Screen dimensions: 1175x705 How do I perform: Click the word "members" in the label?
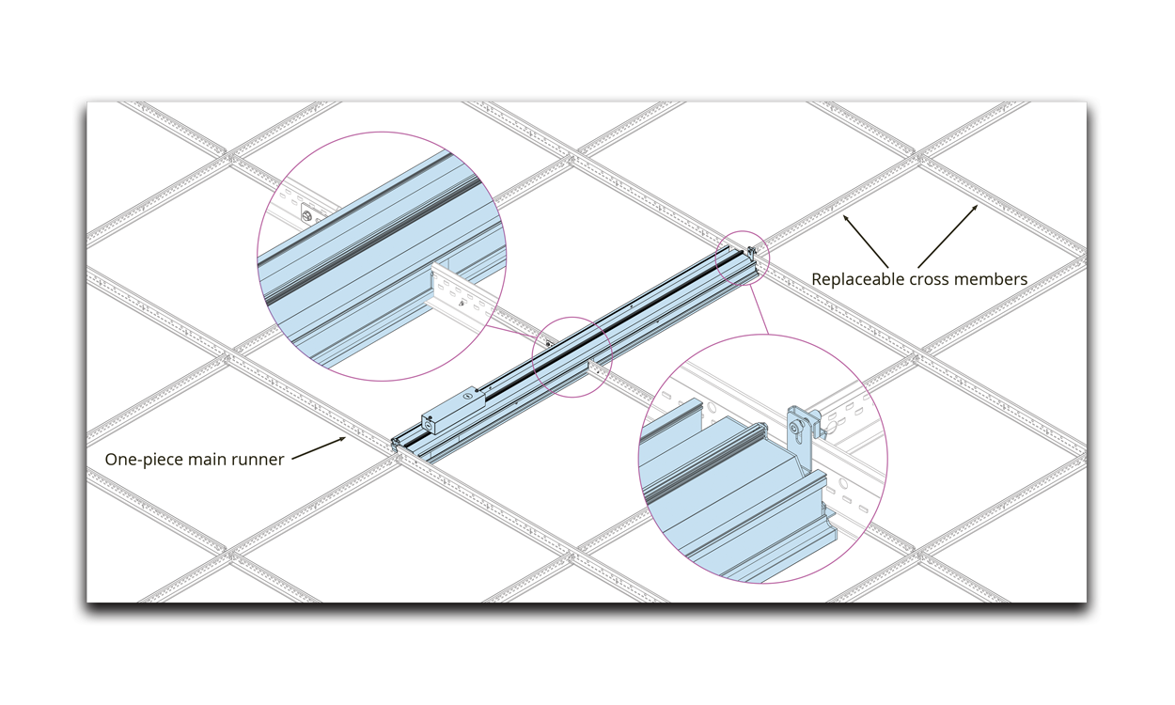[x=993, y=279]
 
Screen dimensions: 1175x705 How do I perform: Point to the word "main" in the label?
[x=208, y=460]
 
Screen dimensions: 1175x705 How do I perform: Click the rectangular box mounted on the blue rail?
[x=453, y=411]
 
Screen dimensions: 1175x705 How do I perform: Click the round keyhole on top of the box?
[x=464, y=397]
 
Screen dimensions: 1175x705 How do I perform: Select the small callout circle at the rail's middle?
[x=572, y=356]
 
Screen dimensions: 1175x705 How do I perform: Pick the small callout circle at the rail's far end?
[x=743, y=258]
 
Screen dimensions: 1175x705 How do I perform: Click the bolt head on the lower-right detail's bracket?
[x=799, y=427]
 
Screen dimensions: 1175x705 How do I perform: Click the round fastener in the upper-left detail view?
[x=306, y=215]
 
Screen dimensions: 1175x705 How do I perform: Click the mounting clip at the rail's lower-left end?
[x=394, y=445]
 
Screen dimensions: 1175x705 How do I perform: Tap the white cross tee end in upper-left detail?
[x=462, y=298]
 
